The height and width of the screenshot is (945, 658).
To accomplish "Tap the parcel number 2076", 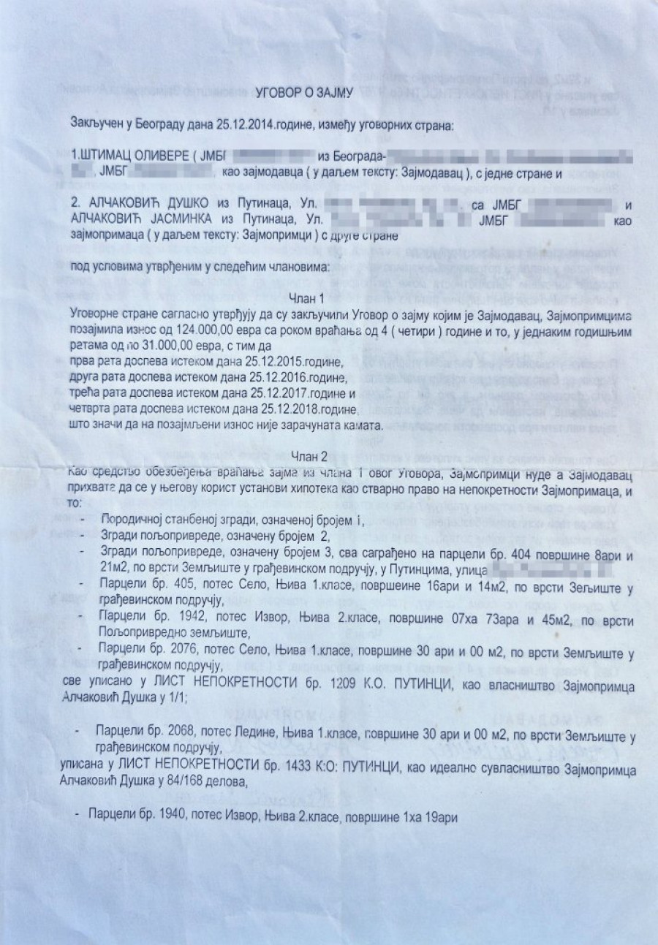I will click(x=163, y=650).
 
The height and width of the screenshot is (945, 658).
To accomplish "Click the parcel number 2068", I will click(x=163, y=731).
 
